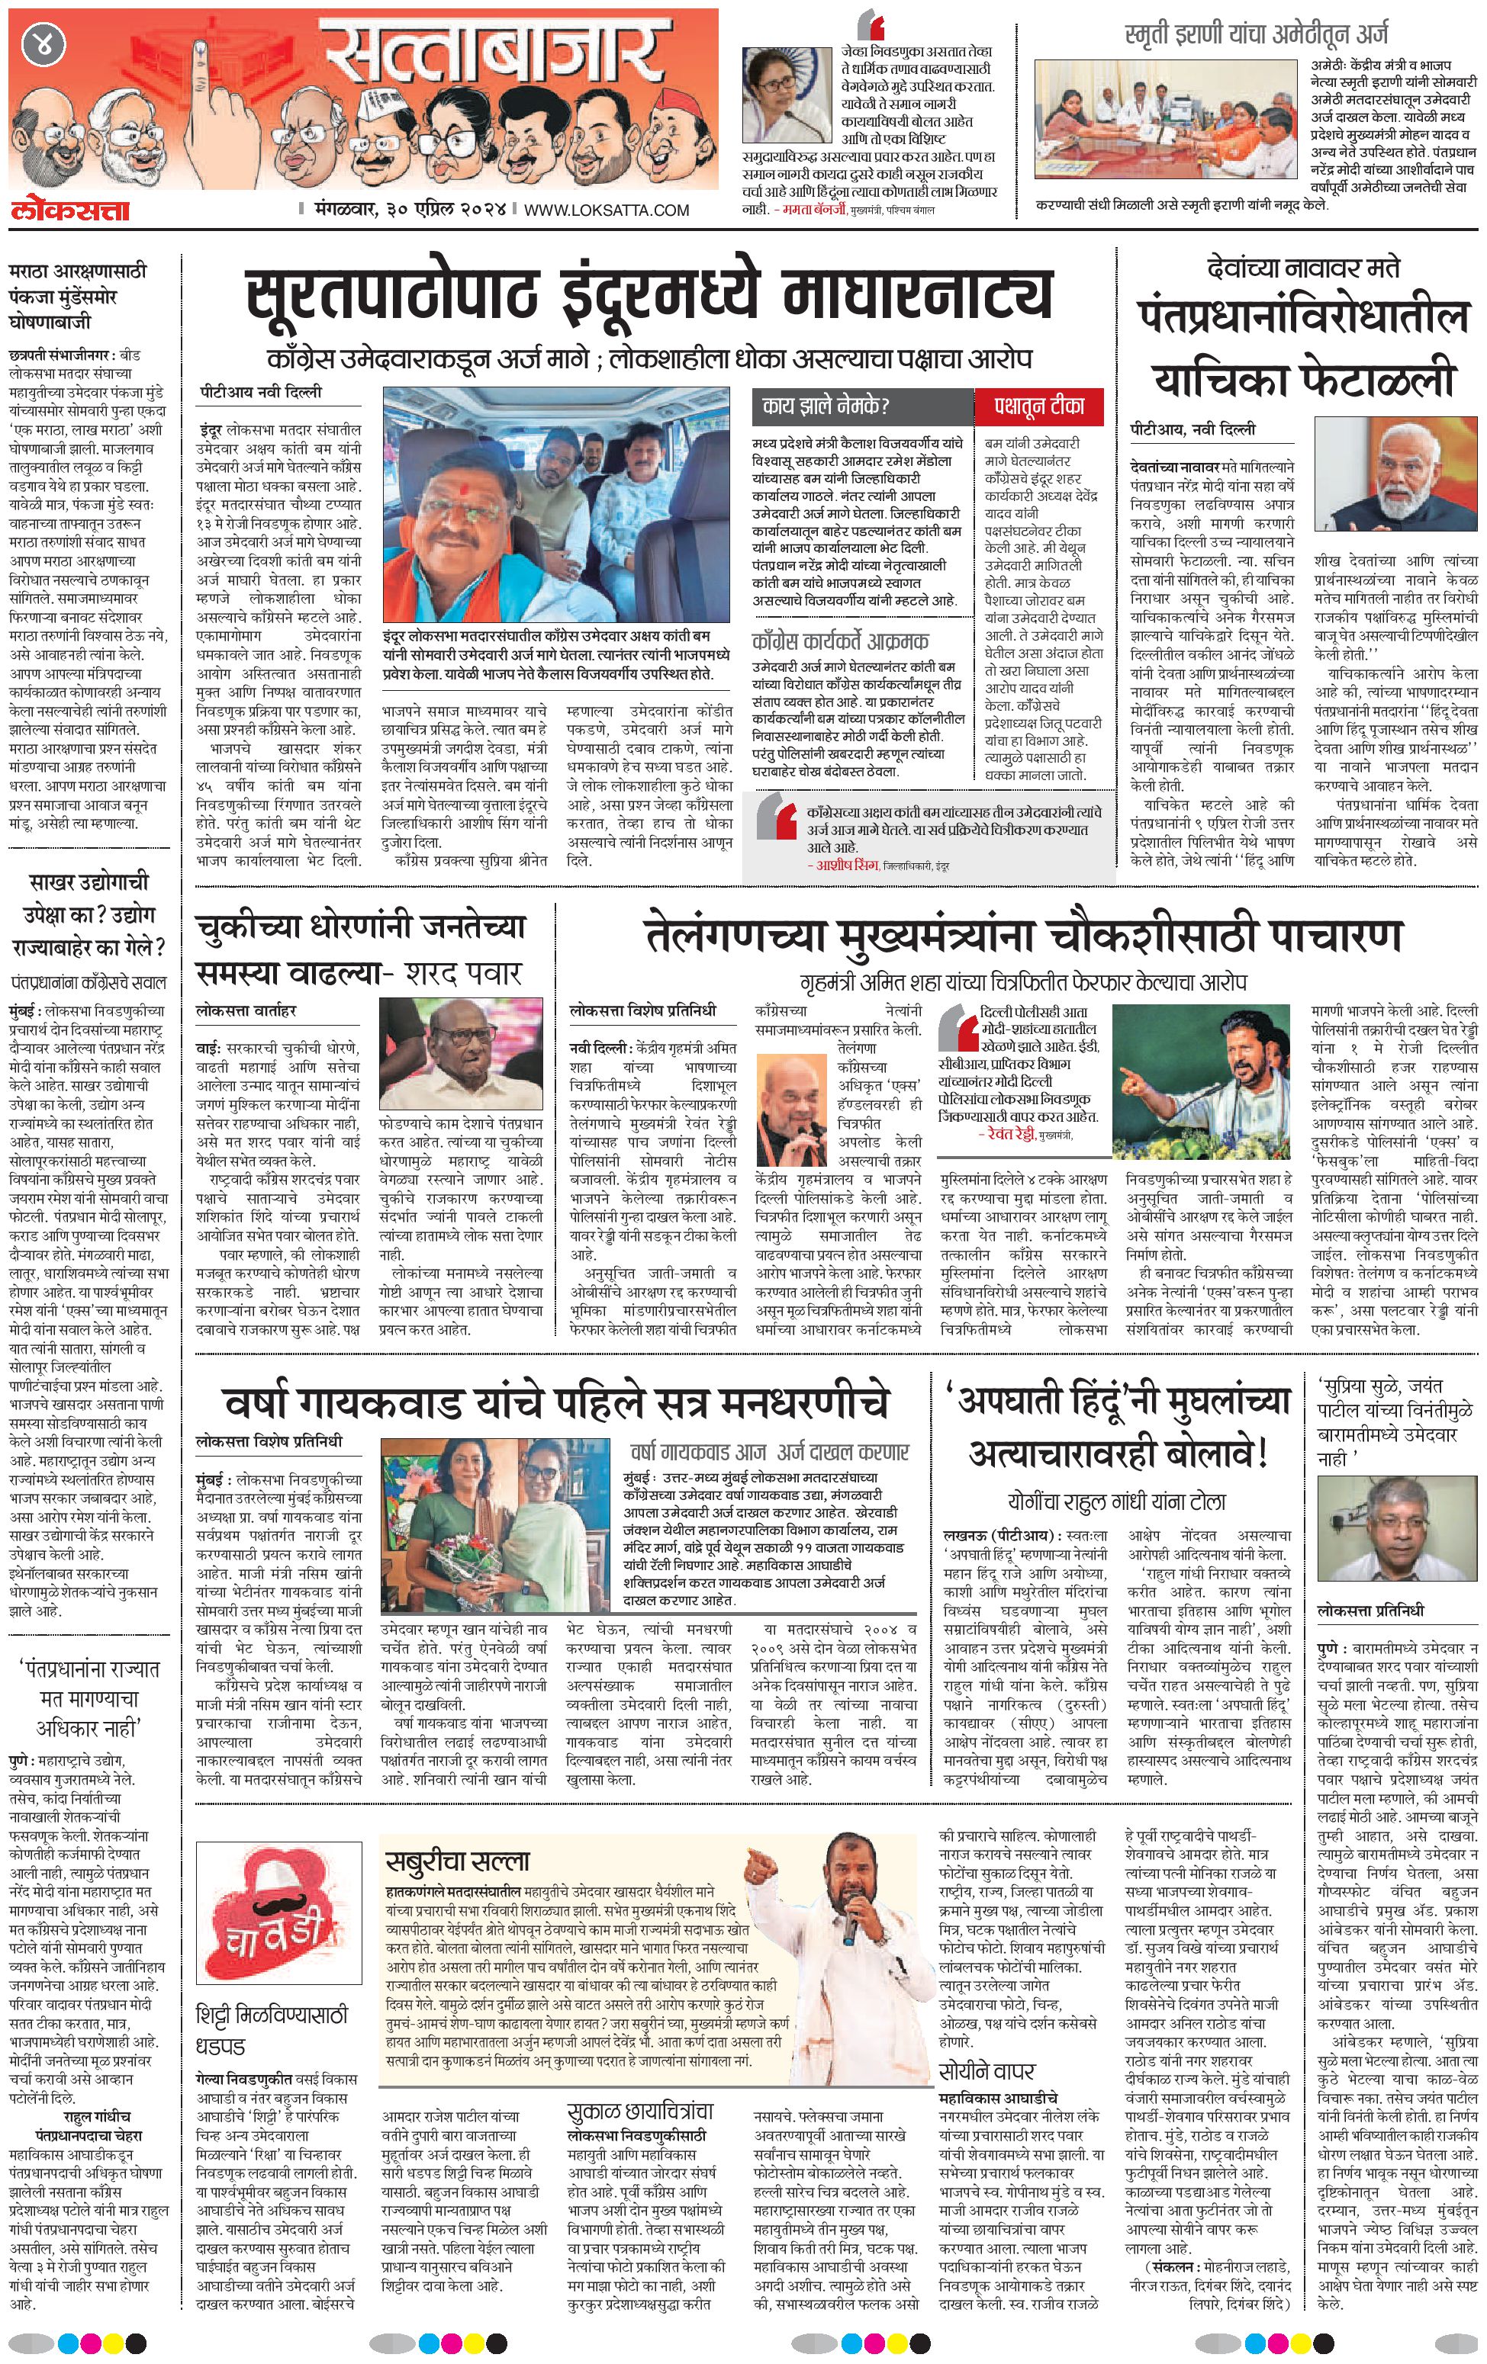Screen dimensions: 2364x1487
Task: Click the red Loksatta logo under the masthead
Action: pos(71,209)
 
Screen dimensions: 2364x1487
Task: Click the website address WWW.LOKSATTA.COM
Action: pos(606,210)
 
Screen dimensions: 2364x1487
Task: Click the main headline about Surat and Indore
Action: pos(649,294)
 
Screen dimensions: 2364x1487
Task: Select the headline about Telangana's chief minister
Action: pos(1022,935)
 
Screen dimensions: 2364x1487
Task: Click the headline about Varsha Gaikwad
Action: pos(556,1402)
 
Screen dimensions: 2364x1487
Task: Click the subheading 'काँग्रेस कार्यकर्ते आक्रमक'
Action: pos(840,642)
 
